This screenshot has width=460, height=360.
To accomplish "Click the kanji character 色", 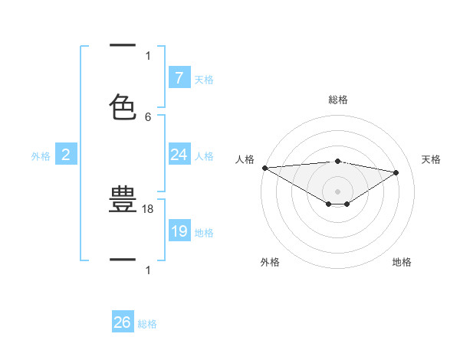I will pos(123,106).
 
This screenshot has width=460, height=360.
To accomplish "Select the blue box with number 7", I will pos(179,77).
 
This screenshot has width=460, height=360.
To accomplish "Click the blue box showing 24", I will pos(179,155).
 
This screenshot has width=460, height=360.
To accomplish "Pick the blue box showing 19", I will pos(179,231).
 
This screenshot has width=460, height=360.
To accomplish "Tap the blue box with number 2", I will pos(66,155).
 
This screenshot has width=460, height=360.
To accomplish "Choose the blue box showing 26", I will pos(123,322).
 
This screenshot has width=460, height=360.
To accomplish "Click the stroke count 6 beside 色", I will pos(148,116).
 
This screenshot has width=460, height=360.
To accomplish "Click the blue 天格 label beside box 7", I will pos(204,79).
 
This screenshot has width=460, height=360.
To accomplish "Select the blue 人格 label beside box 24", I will pos(204,156).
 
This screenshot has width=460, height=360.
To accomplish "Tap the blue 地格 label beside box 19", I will pos(204,233).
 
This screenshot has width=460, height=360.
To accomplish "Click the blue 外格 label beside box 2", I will pos(41,156).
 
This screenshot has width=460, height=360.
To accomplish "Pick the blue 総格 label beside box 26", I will pos(147,324).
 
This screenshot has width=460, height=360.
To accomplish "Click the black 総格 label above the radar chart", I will pos(337,100).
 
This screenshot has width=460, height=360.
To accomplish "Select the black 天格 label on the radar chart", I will pos(432,159).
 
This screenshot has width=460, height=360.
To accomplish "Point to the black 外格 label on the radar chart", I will pos(270,262).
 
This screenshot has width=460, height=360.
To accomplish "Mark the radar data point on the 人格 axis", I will pos(264,167).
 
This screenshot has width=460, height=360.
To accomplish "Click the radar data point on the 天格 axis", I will pos(396,172).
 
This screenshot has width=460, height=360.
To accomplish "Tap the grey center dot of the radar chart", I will pos(337,191).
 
